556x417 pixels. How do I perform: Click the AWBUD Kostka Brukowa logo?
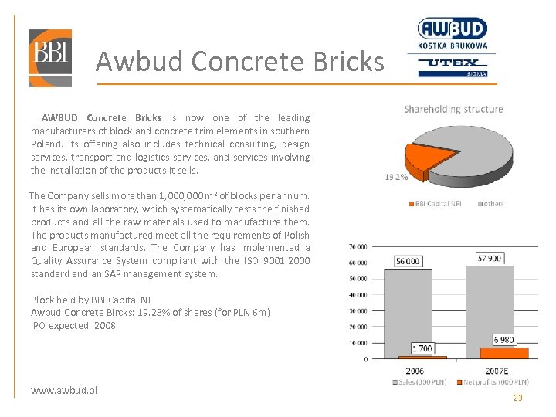point(453,35)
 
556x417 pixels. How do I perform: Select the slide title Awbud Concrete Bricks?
point(239,60)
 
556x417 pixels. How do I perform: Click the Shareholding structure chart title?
point(453,109)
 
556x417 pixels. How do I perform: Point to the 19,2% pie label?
point(396,177)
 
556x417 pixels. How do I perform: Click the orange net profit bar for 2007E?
point(504,353)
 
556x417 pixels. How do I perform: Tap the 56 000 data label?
point(408,261)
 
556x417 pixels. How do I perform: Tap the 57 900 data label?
point(490,257)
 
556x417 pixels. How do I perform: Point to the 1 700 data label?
point(422,348)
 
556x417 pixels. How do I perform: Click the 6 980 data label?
point(503,340)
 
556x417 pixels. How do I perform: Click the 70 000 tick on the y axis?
point(357,247)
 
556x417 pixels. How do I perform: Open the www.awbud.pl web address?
point(64,391)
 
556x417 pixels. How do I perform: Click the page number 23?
point(517,398)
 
